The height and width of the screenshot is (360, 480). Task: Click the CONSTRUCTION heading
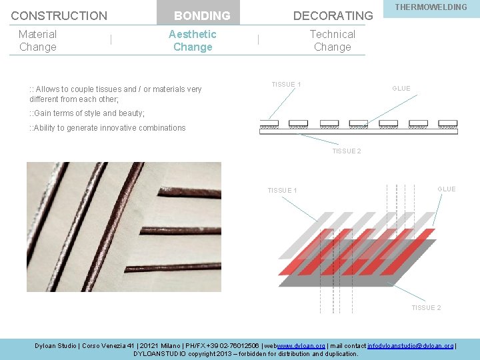[59, 15]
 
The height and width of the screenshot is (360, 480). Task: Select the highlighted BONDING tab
[201, 15]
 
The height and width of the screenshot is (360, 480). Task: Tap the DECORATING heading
[333, 15]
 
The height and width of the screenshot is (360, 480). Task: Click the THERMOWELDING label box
[431, 7]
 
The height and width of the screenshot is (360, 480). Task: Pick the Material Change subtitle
[37, 40]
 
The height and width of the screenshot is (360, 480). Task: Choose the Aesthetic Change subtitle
[192, 40]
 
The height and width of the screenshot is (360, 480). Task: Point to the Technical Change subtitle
[332, 40]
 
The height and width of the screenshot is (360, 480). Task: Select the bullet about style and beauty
[87, 113]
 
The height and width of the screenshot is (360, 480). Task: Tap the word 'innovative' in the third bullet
[118, 128]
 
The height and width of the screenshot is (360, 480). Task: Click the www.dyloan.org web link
[301, 345]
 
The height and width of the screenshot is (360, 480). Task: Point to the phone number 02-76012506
[236, 345]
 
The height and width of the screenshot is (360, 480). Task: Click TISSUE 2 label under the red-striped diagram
[425, 307]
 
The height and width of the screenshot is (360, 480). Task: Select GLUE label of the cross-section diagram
[401, 89]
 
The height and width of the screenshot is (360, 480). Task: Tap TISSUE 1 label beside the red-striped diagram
[282, 191]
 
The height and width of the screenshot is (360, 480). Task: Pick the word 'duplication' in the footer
[339, 353]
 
